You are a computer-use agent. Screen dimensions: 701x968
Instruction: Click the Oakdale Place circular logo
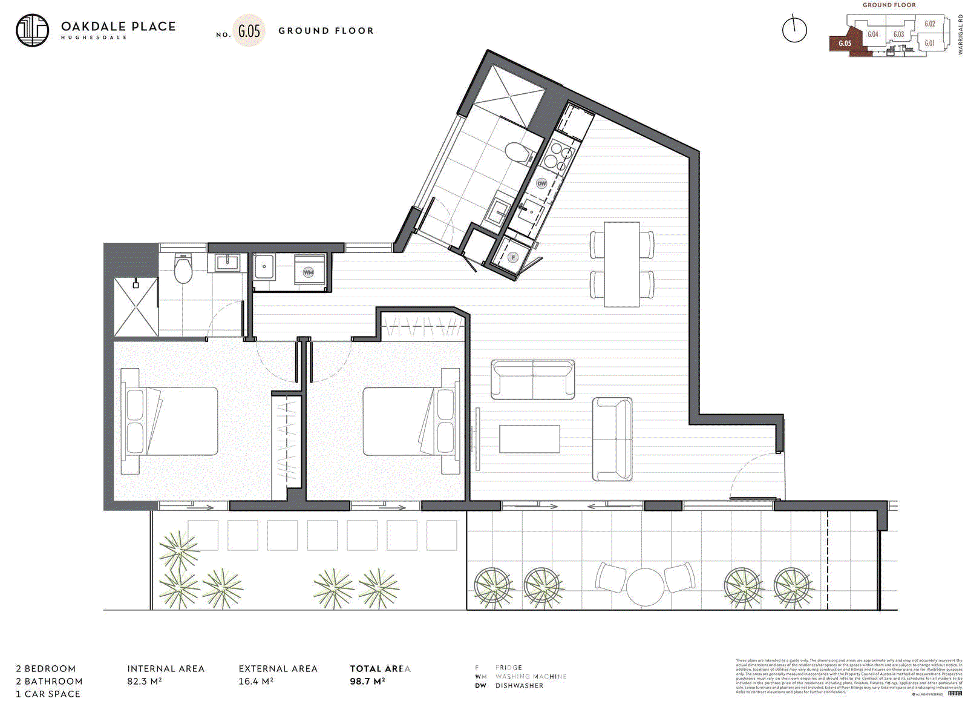click(x=32, y=30)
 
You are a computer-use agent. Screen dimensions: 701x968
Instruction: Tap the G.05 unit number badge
click(x=249, y=31)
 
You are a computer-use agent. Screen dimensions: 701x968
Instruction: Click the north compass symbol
click(x=794, y=30)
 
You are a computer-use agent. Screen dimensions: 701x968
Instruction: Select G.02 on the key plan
click(x=929, y=24)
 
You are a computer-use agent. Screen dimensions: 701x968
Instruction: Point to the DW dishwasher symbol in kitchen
click(x=541, y=183)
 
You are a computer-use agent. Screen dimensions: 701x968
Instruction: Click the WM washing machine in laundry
click(x=309, y=272)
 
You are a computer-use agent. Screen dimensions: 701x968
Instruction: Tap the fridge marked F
click(x=514, y=257)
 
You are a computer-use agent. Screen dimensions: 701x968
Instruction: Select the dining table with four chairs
click(x=621, y=264)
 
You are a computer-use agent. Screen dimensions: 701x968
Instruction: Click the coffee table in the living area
click(x=529, y=439)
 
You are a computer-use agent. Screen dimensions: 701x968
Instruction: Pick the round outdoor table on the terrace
click(x=645, y=586)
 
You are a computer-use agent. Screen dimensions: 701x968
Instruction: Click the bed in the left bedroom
click(x=171, y=421)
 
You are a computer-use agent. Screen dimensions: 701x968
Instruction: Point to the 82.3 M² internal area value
click(x=144, y=681)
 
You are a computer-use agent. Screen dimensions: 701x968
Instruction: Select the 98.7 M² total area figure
click(x=367, y=681)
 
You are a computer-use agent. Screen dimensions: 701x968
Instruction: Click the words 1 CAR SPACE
click(x=48, y=694)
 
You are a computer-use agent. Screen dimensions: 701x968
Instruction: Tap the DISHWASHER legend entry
click(x=519, y=686)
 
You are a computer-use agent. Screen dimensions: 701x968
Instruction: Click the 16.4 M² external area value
click(x=255, y=681)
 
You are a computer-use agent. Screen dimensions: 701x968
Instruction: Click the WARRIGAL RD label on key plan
click(x=960, y=35)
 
